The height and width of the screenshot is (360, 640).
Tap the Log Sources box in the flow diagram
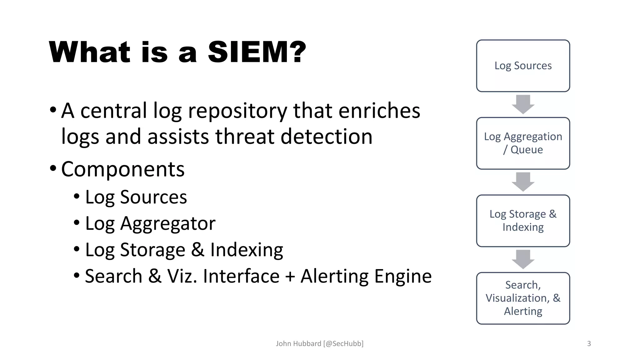(x=523, y=66)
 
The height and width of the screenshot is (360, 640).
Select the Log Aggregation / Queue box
(x=523, y=143)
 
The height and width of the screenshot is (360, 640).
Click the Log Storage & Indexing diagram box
(x=523, y=221)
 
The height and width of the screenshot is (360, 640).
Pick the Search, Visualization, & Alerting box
(x=523, y=298)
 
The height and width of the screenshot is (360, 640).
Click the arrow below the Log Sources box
(x=523, y=104)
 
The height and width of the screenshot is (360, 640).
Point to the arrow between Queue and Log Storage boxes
(x=523, y=182)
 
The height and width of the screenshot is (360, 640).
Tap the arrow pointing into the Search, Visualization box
(x=523, y=259)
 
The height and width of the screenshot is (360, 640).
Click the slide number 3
(x=589, y=344)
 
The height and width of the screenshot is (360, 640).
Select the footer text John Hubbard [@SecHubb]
(x=319, y=344)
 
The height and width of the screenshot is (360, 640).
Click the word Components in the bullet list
(x=123, y=169)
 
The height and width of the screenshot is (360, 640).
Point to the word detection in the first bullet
(x=327, y=137)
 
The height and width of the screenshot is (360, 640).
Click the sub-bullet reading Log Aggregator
(x=150, y=224)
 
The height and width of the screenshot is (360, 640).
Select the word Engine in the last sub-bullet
(x=403, y=276)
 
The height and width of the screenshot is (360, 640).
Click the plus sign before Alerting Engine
(x=290, y=277)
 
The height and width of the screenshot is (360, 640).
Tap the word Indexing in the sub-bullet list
(x=247, y=250)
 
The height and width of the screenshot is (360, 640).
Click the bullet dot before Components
(x=53, y=168)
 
